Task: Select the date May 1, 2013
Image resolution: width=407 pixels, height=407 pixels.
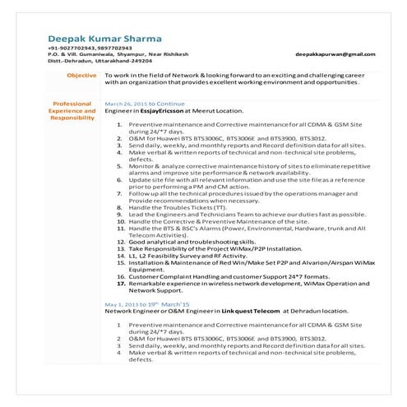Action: tap(123, 304)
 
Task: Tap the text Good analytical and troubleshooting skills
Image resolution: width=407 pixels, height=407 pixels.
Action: tap(192, 242)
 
